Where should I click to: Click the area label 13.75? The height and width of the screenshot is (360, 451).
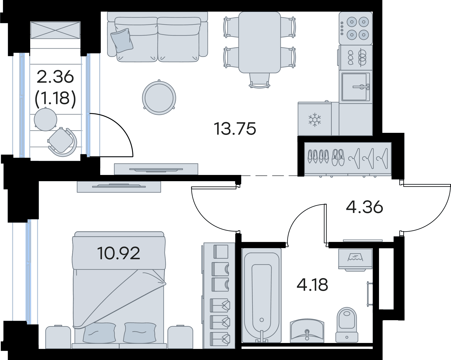click(235, 129)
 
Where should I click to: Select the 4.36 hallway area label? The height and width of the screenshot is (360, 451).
click(364, 207)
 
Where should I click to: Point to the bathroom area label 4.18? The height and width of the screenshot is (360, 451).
click(312, 285)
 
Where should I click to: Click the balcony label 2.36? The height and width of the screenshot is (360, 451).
click(55, 77)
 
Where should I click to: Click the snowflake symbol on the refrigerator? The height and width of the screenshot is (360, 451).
click(315, 120)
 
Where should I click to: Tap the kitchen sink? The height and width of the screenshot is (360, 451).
click(355, 87)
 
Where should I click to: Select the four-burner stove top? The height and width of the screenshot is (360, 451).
click(356, 28)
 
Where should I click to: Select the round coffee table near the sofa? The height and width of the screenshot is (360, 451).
click(159, 98)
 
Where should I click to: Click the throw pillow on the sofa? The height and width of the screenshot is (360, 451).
click(122, 40)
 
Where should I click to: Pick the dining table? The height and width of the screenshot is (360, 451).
click(259, 42)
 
